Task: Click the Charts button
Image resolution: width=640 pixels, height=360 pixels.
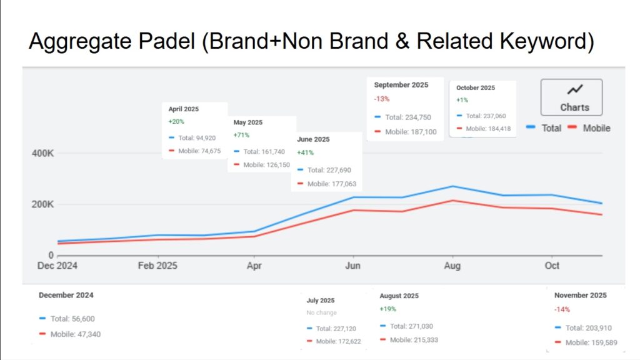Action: pyautogui.click(x=571, y=97)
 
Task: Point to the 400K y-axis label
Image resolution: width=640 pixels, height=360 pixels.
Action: pyautogui.click(x=42, y=154)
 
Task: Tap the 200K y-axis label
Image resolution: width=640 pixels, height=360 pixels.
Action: pyautogui.click(x=42, y=204)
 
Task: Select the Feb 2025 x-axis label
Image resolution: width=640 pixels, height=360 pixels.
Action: pyautogui.click(x=157, y=266)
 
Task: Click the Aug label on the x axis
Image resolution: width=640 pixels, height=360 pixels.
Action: pyautogui.click(x=452, y=266)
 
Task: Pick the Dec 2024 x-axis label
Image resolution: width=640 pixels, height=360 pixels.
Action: pyautogui.click(x=57, y=266)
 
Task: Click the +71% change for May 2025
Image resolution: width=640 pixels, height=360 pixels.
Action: pyautogui.click(x=241, y=135)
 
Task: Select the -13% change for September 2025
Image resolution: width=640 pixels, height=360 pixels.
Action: pyautogui.click(x=381, y=99)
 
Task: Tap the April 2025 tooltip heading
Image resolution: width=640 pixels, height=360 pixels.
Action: pyautogui.click(x=183, y=109)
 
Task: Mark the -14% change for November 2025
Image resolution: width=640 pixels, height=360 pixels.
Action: pyautogui.click(x=562, y=309)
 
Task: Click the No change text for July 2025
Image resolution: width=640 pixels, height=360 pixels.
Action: pyautogui.click(x=321, y=312)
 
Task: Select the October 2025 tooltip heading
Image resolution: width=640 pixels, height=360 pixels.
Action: pyautogui.click(x=475, y=88)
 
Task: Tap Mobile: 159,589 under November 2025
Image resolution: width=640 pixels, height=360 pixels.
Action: pyautogui.click(x=587, y=342)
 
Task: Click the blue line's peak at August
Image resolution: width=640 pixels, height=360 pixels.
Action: pyautogui.click(x=452, y=186)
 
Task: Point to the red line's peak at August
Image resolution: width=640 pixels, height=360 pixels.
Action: pyautogui.click(x=452, y=201)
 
